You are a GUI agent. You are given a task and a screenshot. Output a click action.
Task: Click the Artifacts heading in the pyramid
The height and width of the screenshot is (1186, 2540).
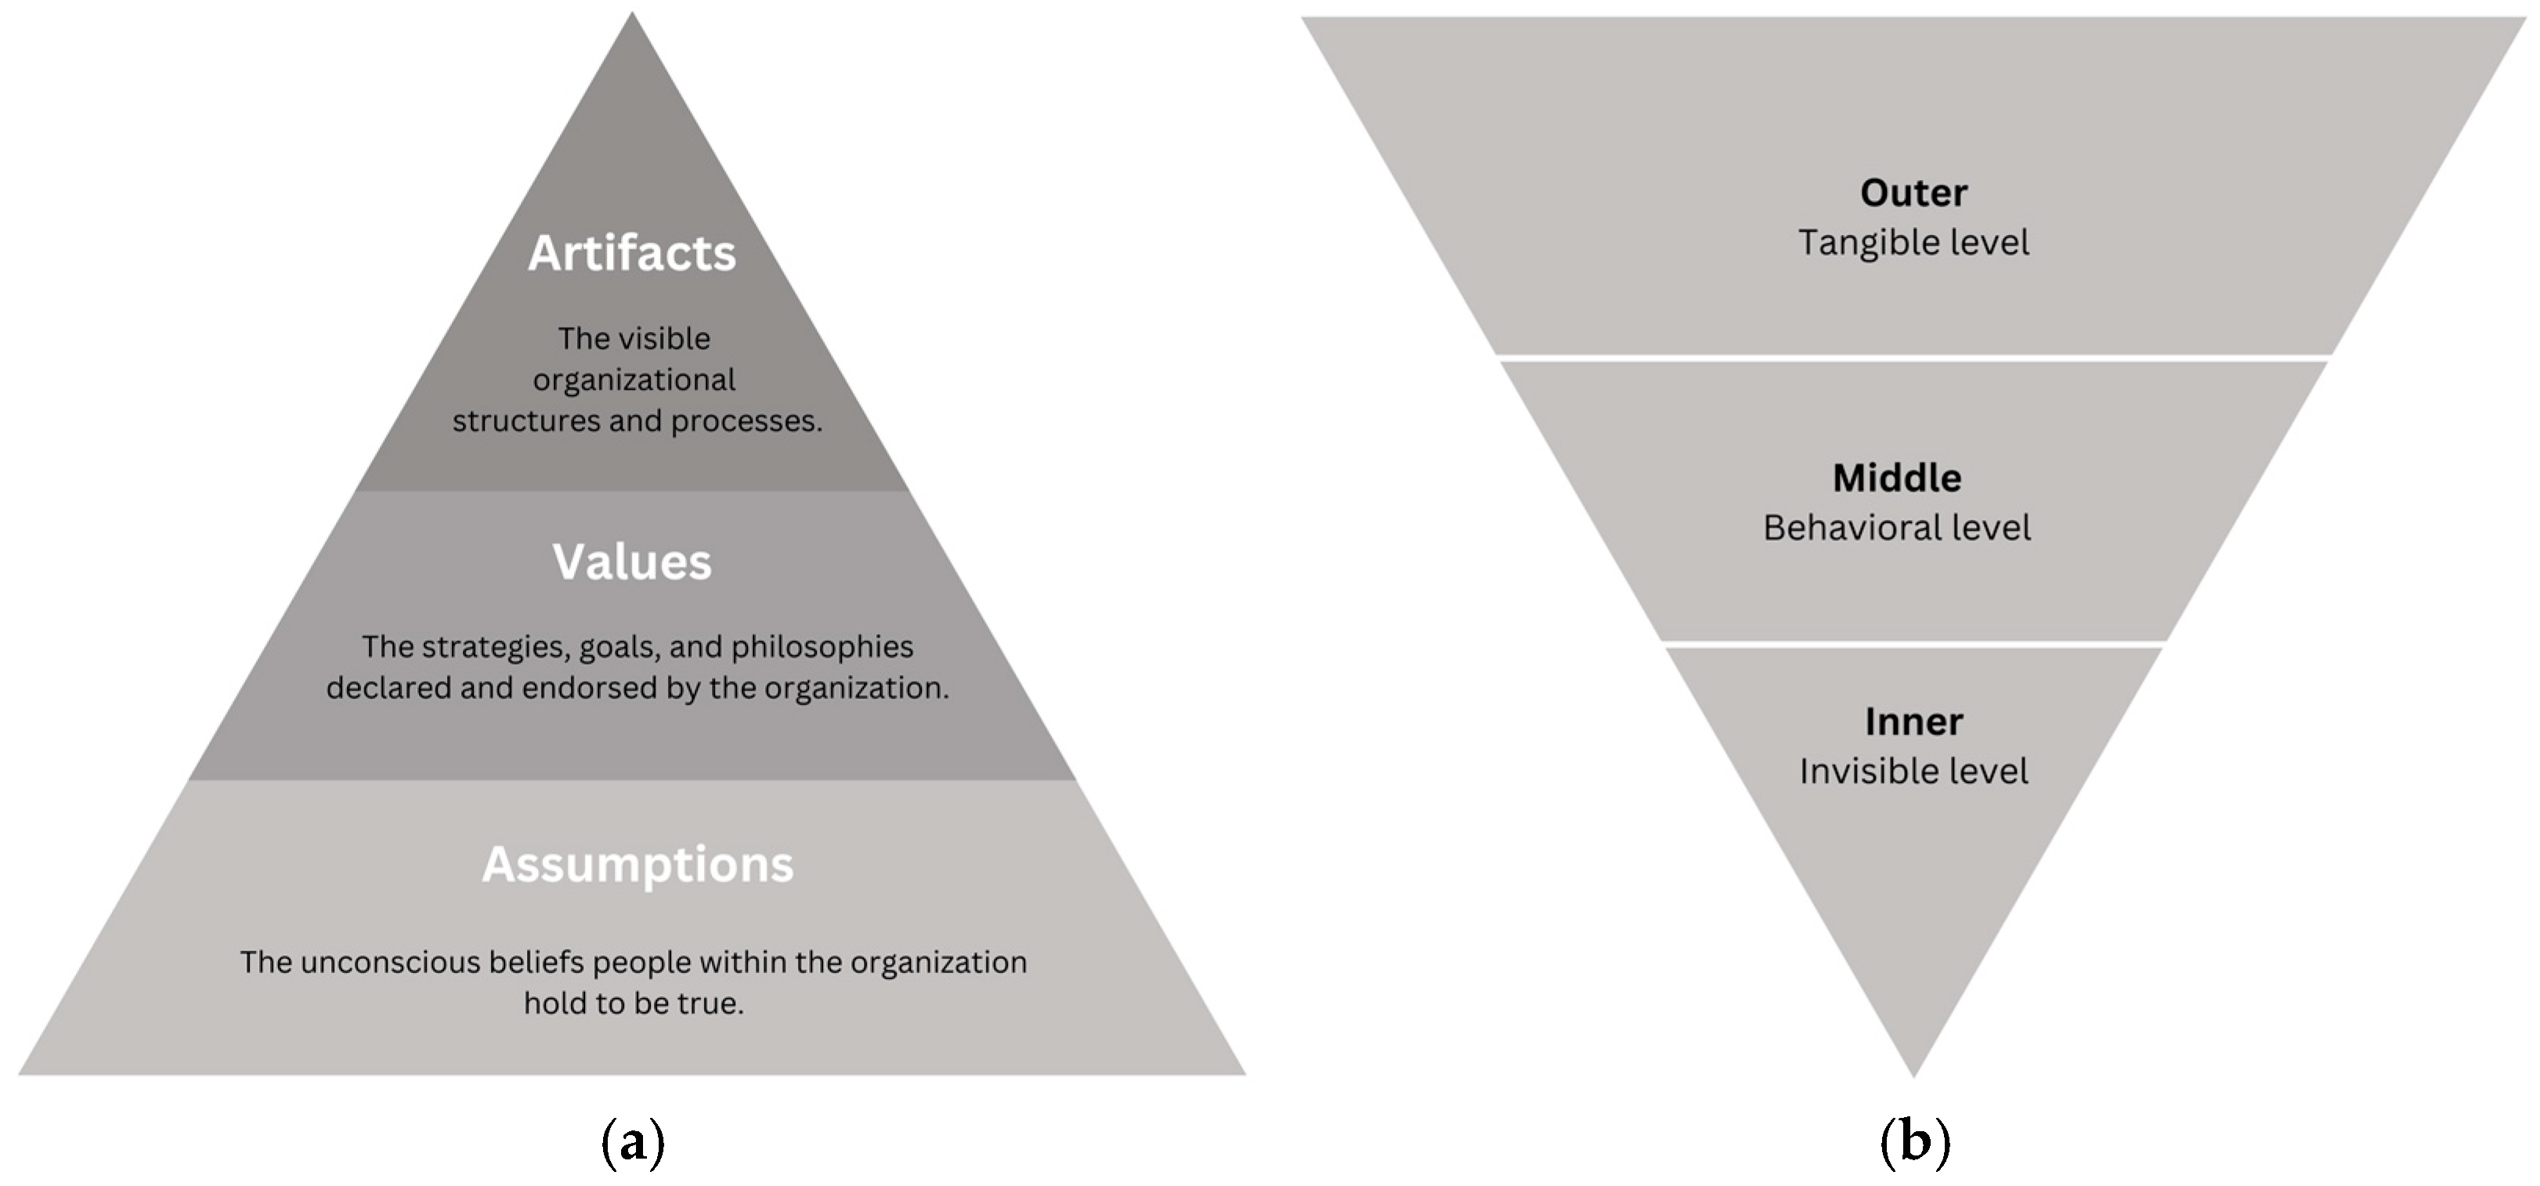[632, 254]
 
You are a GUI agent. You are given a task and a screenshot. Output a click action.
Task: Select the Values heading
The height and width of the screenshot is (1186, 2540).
[632, 562]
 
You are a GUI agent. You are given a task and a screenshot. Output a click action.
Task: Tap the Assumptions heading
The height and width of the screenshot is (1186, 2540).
[637, 864]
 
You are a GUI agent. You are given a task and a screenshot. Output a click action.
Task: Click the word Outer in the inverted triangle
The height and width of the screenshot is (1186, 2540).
[1913, 193]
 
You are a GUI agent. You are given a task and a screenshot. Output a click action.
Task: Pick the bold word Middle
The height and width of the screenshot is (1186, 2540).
[1896, 478]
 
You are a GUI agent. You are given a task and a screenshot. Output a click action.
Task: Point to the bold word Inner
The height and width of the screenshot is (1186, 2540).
[1913, 722]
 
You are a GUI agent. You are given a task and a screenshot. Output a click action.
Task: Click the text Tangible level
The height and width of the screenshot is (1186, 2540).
[1913, 243]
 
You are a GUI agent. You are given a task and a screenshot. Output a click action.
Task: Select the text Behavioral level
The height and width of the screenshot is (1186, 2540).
[1896, 528]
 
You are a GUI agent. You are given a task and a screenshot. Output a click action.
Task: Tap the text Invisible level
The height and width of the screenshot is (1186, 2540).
[1913, 771]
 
